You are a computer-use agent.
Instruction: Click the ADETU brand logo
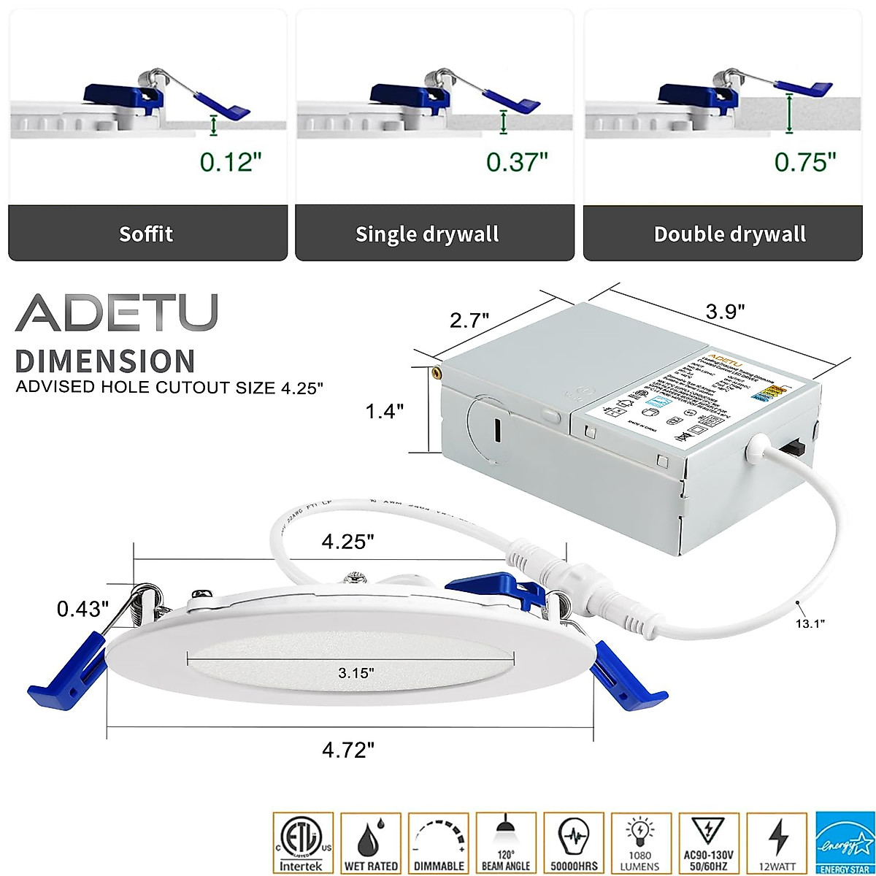coord(117,313)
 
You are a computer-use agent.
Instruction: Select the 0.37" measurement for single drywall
coord(517,161)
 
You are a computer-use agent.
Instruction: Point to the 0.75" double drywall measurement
coord(805,161)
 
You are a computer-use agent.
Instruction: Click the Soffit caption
coord(146,234)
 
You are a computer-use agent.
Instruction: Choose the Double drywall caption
coord(729,234)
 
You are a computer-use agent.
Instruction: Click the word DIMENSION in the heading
coord(105,362)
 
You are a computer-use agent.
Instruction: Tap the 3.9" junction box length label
coord(725,312)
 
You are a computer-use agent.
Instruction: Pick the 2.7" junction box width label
coord(469,320)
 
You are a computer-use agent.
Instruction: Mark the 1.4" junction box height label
coord(385,412)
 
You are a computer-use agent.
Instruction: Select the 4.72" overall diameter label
coord(349,749)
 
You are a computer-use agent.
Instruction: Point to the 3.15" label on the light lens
coord(356,672)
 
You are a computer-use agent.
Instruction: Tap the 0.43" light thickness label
coord(83,609)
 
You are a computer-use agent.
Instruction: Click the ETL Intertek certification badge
coord(302,842)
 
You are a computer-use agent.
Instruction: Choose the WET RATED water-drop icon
coord(371,842)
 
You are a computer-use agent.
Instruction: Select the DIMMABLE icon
coord(439,842)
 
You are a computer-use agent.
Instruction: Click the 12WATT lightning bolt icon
coord(778,842)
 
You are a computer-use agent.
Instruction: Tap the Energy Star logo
coord(845,842)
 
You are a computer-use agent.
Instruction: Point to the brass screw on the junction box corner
coord(437,372)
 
